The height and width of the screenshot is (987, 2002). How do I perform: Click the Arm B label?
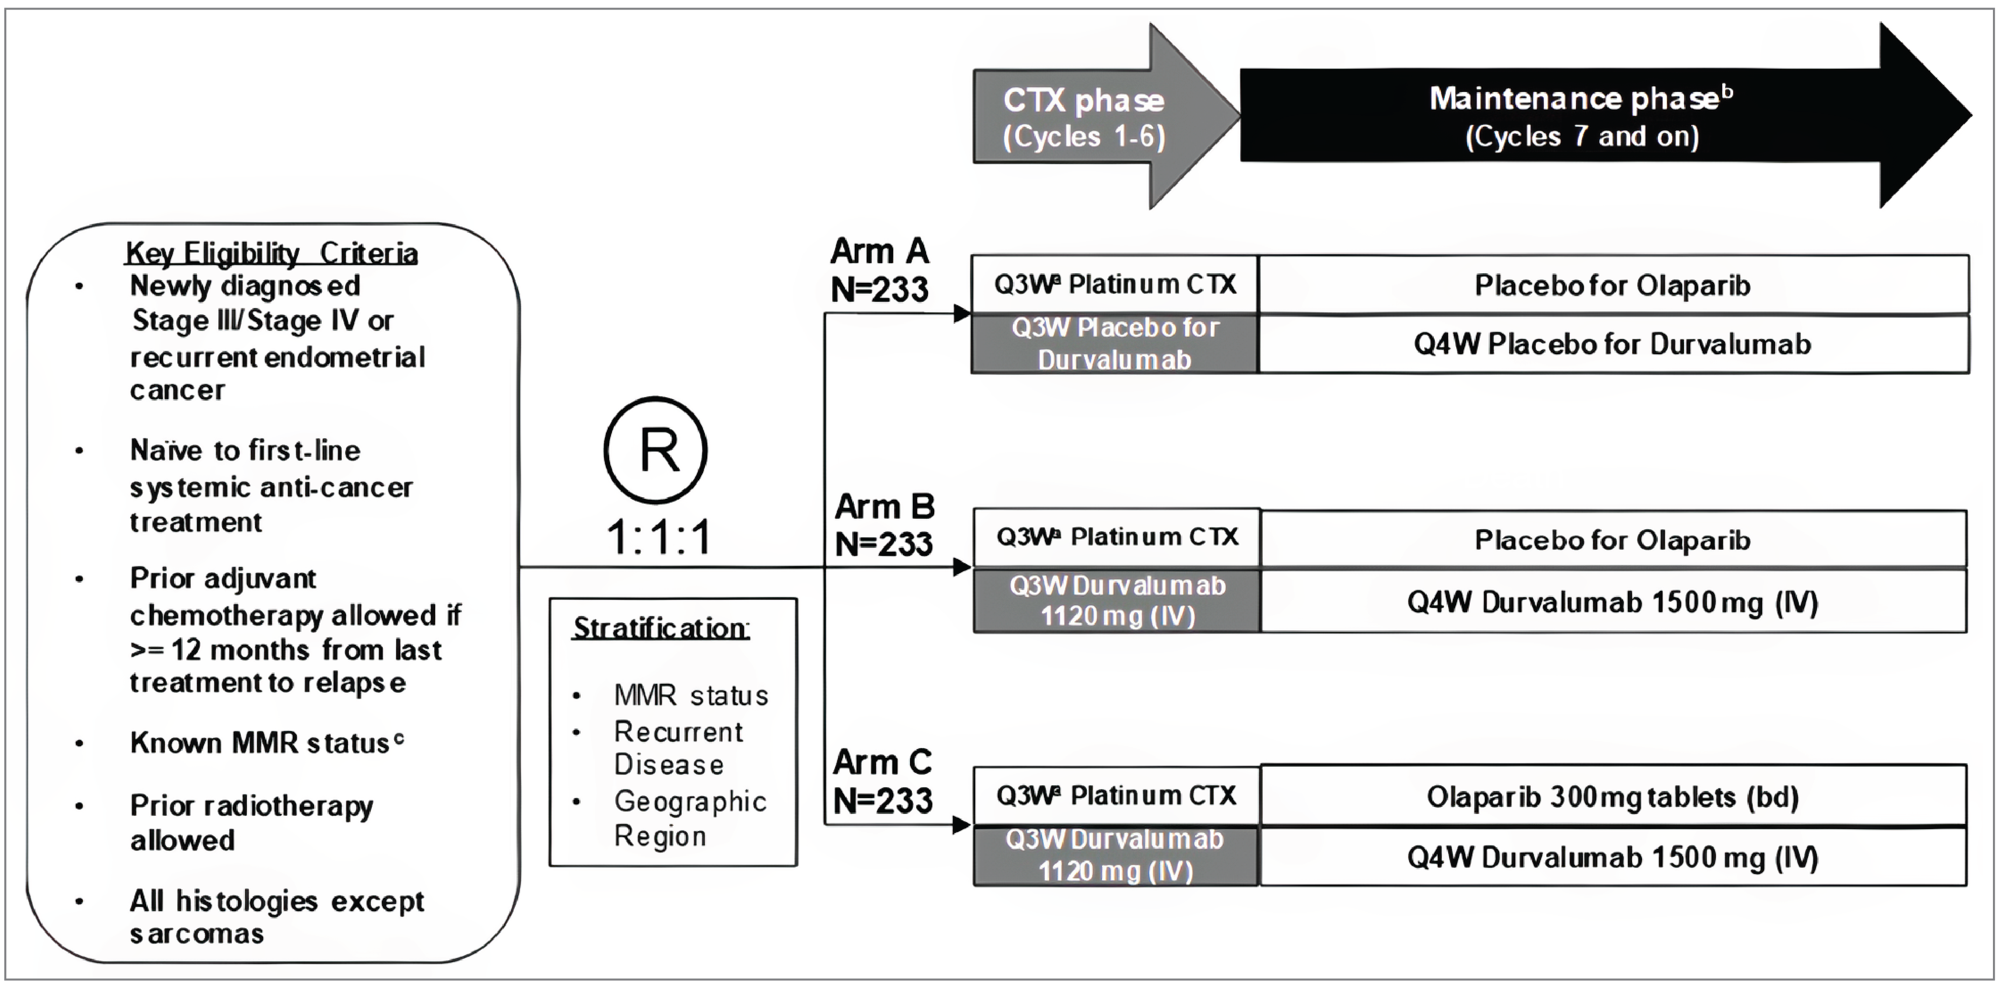(x=884, y=524)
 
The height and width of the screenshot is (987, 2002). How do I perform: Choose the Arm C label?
(x=883, y=781)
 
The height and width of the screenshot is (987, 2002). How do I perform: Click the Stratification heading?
(x=661, y=628)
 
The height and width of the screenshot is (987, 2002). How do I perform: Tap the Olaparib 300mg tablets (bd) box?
(x=1613, y=797)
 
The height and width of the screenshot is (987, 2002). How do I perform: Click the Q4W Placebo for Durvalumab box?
(x=1613, y=343)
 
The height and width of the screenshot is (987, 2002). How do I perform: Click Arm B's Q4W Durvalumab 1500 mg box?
(x=1613, y=602)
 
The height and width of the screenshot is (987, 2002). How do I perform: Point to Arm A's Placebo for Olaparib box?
(x=1613, y=285)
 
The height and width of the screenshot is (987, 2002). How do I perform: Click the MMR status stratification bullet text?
(x=691, y=695)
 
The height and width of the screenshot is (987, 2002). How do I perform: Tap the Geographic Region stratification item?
(x=689, y=818)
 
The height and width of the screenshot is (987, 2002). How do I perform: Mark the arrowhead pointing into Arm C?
(x=961, y=824)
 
